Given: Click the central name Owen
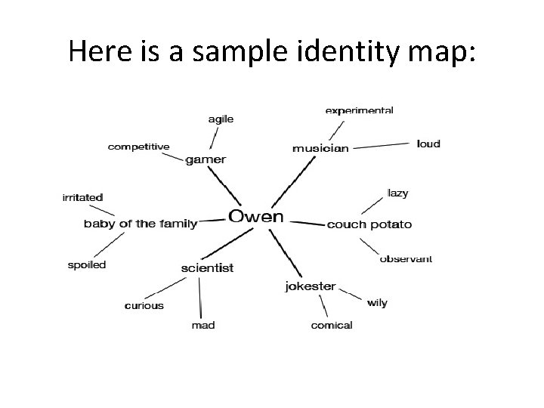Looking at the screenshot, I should click(256, 217).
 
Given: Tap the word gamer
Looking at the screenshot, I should click(206, 160).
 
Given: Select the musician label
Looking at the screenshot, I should click(320, 148).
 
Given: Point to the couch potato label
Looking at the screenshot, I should click(369, 224).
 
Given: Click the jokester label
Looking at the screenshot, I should click(311, 286).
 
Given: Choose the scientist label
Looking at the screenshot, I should click(207, 267).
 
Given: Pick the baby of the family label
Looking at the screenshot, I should click(140, 224).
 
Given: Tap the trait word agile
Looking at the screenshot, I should click(221, 119).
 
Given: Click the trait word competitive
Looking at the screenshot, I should click(139, 147).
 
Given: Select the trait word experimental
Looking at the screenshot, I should click(359, 110).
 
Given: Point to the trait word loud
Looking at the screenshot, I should click(428, 144).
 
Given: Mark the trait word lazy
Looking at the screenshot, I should click(397, 193).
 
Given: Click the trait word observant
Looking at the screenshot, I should click(406, 258).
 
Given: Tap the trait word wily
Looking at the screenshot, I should click(377, 303).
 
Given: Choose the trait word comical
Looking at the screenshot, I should click(332, 325).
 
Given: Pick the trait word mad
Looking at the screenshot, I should click(202, 325).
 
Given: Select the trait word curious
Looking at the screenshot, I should click(144, 306).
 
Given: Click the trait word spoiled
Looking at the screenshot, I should click(87, 265).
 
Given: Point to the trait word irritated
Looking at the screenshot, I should click(82, 197).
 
